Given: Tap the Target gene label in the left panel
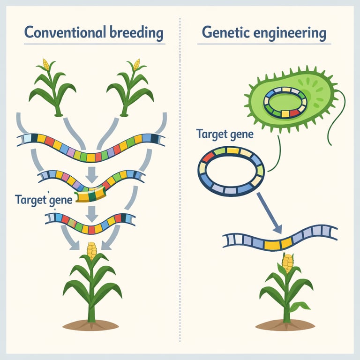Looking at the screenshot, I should point(44,199).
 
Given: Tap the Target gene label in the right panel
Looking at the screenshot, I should point(225,135).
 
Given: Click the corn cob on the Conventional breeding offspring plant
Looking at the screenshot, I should point(92,250).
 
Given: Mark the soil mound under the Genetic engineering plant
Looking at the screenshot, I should point(286,324).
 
